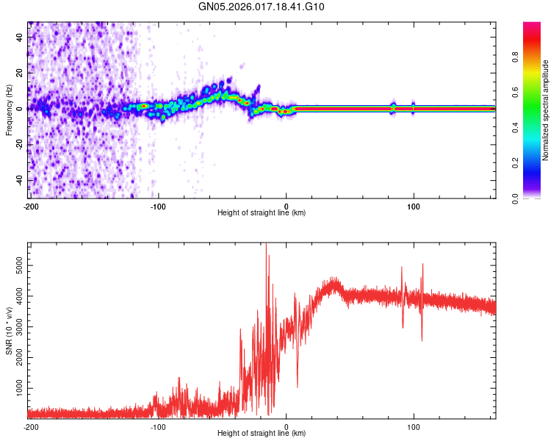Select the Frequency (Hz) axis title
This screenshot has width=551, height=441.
[9, 110]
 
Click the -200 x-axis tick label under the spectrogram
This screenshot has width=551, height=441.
[32, 206]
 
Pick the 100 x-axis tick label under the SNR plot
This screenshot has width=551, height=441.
[414, 426]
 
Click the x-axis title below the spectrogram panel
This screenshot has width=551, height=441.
[262, 213]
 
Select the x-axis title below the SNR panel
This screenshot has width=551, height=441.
[262, 434]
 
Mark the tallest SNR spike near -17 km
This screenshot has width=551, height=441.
[266, 245]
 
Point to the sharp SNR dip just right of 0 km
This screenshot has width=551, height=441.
[297, 386]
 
